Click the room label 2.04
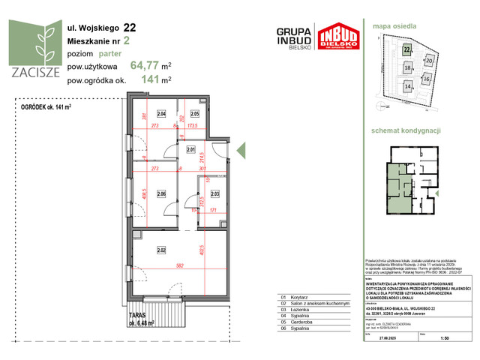(x=160, y=114)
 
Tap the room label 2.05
(x=194, y=114)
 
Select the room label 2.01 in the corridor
(x=190, y=150)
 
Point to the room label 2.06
(x=160, y=194)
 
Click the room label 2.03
(x=214, y=194)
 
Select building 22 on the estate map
(x=407, y=50)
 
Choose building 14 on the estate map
(x=407, y=86)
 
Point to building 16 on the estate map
(x=426, y=78)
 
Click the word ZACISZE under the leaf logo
(x=30, y=72)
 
